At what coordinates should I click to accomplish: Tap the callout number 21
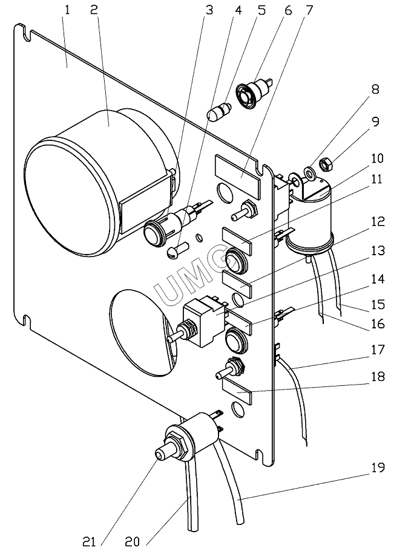click(x=89, y=541)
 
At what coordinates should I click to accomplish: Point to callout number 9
click(x=376, y=122)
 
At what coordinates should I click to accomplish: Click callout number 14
click(x=376, y=279)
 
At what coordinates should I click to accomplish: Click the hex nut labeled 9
click(x=324, y=164)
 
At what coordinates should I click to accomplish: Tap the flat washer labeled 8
click(x=310, y=174)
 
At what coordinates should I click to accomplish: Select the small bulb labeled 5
click(x=219, y=112)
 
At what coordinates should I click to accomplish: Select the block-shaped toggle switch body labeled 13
click(x=205, y=322)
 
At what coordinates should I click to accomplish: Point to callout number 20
click(x=133, y=541)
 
